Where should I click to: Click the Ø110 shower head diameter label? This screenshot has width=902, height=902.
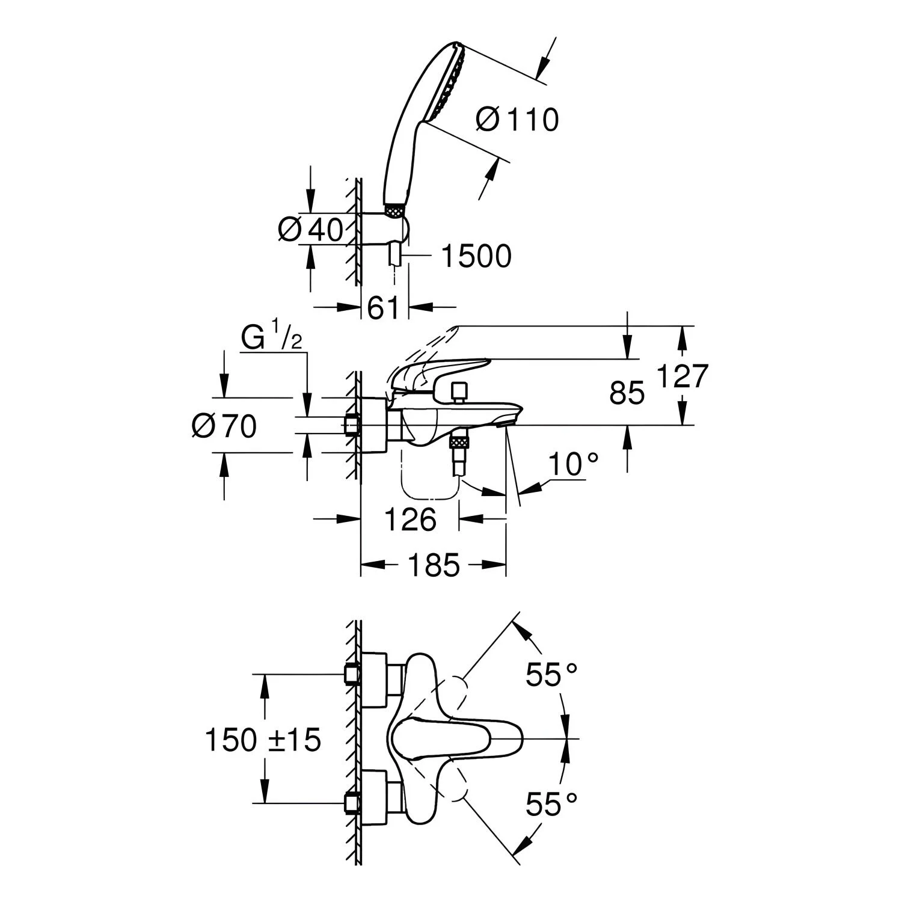tap(517, 120)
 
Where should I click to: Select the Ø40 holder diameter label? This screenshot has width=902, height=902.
tap(310, 229)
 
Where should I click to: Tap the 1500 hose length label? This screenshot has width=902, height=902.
tap(476, 256)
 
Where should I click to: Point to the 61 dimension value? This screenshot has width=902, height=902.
tap(383, 308)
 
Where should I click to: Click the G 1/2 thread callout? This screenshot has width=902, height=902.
tap(271, 339)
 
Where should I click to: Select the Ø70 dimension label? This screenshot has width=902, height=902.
tap(224, 426)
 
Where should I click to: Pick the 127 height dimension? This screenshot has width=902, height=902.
tap(682, 376)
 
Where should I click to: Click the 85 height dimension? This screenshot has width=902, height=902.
tap(627, 393)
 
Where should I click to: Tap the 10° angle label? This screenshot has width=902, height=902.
tap(573, 464)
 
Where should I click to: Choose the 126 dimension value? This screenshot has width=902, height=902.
tap(410, 519)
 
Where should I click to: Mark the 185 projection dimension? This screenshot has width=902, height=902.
tap(434, 565)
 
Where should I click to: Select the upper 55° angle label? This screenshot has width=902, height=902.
tap(551, 674)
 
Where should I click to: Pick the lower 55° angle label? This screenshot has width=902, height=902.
tap(551, 804)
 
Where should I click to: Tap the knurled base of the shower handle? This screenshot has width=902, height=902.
tap(394, 210)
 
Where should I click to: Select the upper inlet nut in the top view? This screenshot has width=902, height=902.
tap(351, 674)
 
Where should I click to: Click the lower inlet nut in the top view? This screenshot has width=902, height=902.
tap(351, 803)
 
